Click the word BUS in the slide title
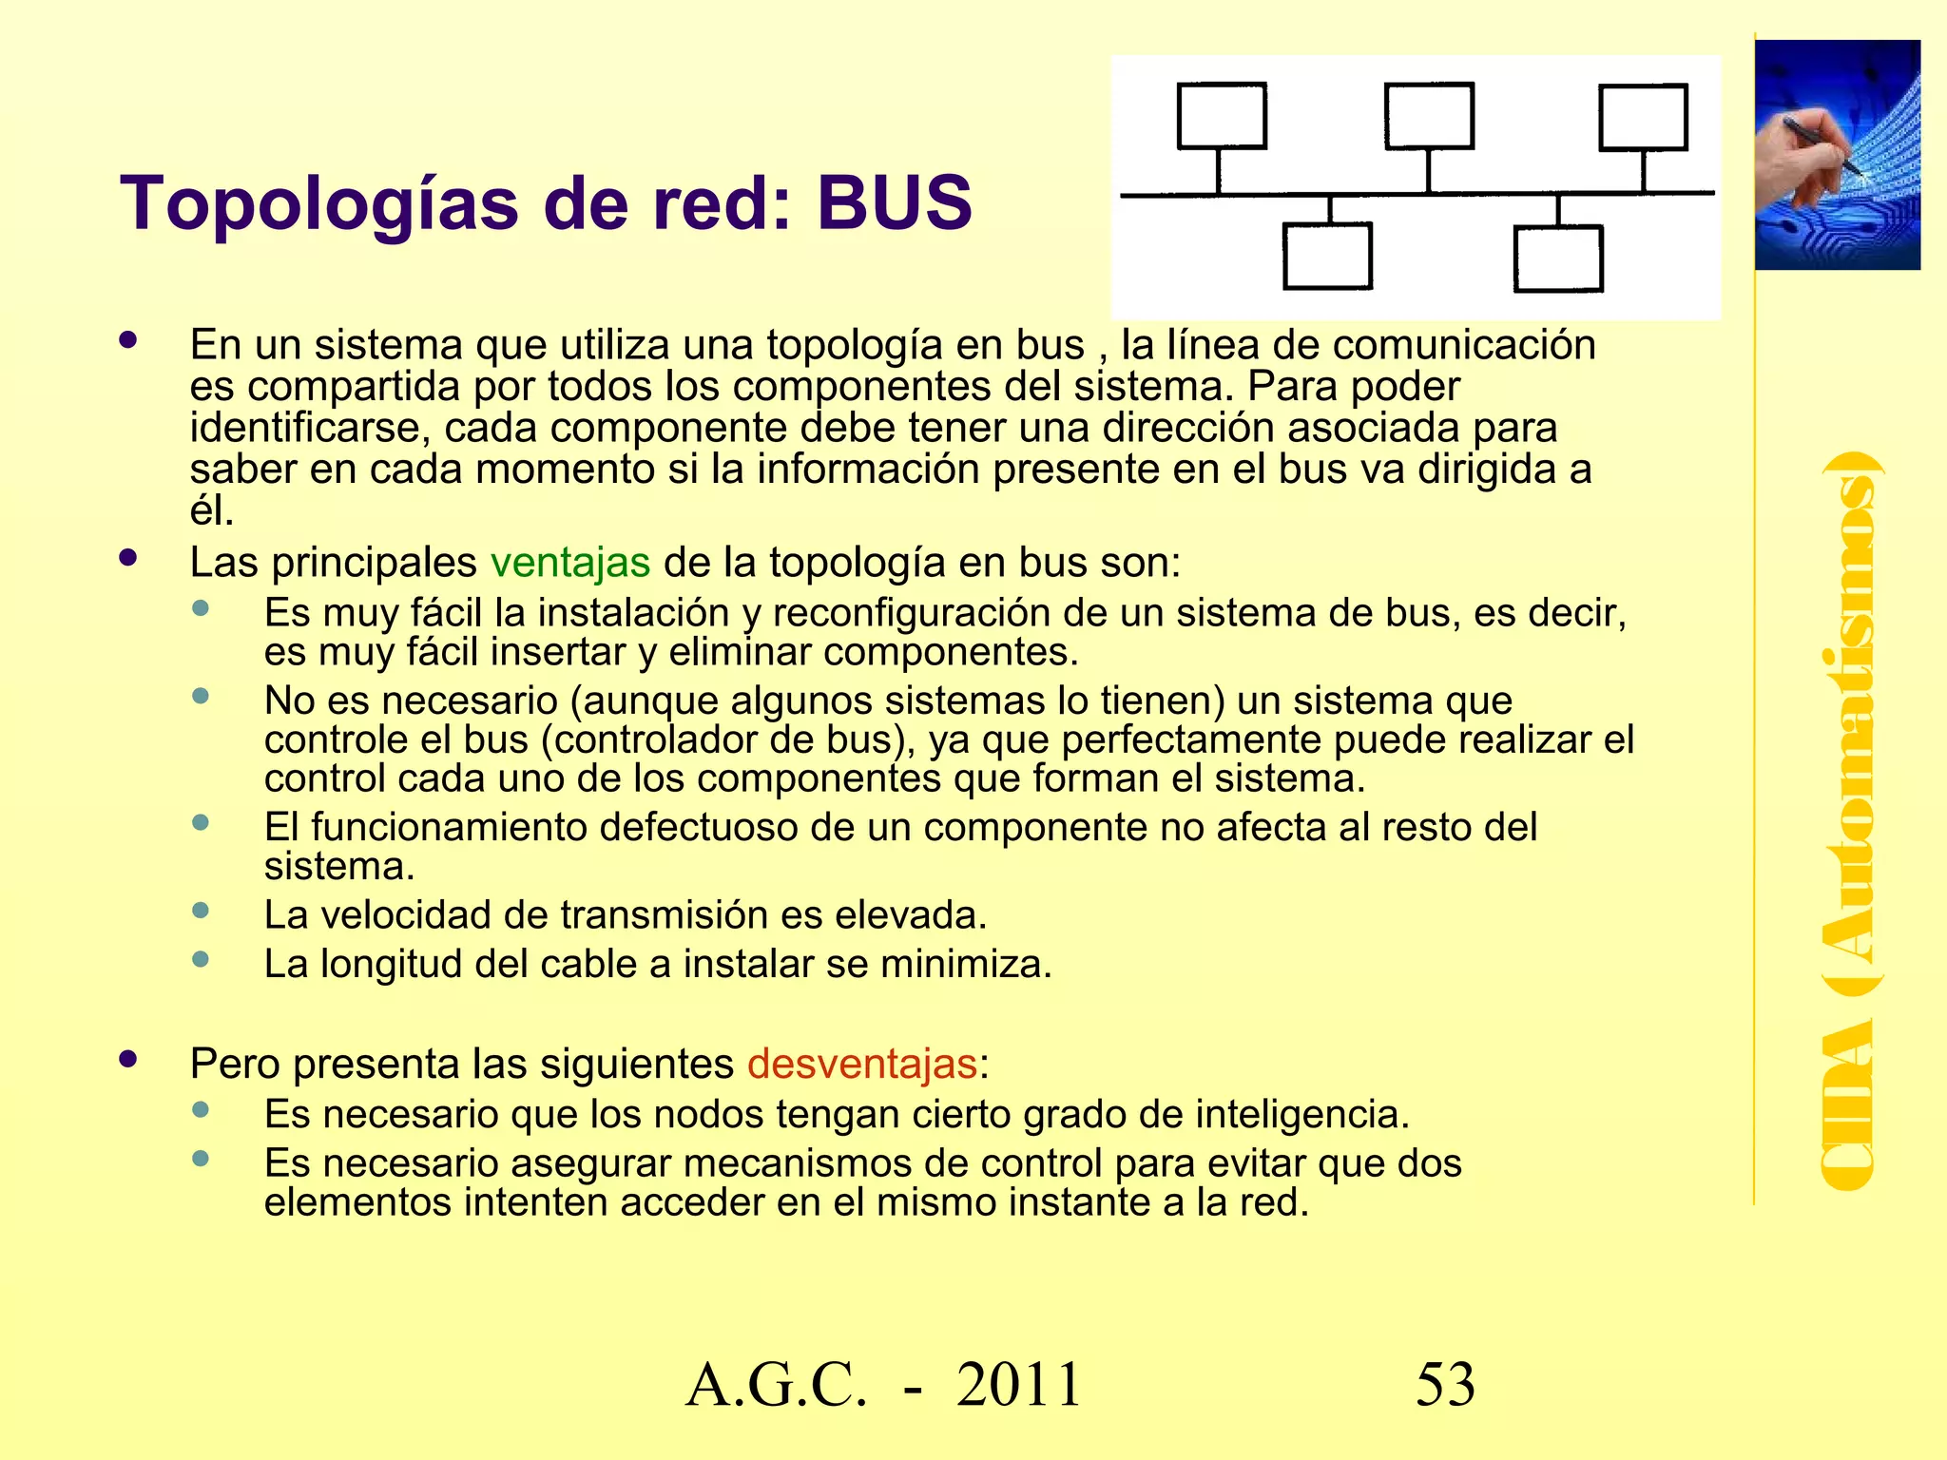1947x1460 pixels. [x=894, y=203]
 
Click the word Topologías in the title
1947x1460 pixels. [x=319, y=205]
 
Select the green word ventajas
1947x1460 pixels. [x=570, y=563]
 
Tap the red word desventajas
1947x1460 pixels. [x=862, y=1064]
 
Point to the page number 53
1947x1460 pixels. [x=1445, y=1385]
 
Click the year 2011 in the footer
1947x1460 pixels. [x=1019, y=1385]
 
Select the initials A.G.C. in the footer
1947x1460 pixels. [x=776, y=1385]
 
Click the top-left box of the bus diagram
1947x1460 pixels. [x=1222, y=116]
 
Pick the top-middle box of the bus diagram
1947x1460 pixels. [x=1429, y=116]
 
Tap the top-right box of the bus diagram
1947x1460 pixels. [x=1644, y=117]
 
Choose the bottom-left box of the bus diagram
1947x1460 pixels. [x=1327, y=256]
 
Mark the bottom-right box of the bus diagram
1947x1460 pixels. [x=1558, y=258]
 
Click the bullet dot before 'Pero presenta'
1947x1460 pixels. [x=128, y=1059]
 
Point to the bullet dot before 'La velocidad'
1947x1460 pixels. [x=201, y=911]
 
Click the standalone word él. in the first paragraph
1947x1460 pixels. [x=211, y=511]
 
